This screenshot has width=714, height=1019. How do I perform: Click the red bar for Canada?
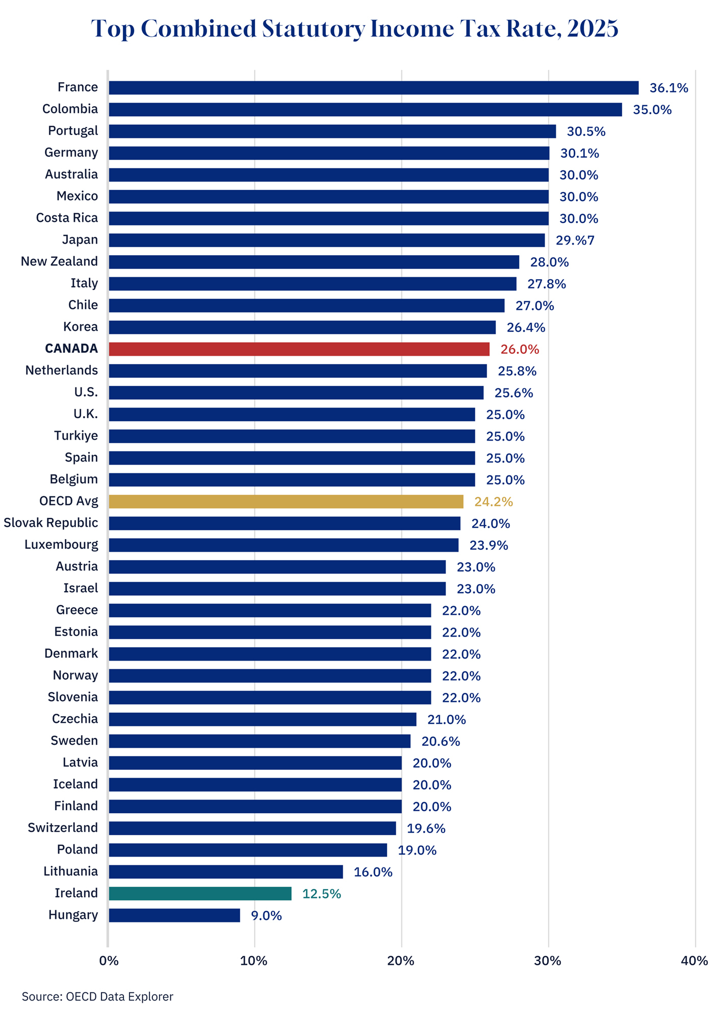(x=299, y=349)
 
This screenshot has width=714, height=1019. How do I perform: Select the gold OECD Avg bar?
(x=286, y=501)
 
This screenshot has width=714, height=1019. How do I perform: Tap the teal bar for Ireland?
(x=200, y=893)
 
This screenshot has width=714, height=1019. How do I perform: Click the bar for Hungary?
(x=174, y=915)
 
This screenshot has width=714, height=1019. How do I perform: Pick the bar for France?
(x=373, y=88)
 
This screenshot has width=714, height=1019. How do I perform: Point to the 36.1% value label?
(x=669, y=88)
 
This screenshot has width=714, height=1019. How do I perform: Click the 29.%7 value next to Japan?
(x=575, y=240)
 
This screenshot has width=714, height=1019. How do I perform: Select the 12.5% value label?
(x=321, y=894)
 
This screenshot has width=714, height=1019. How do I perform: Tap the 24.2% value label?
(x=493, y=502)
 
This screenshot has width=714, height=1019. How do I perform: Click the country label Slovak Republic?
(x=50, y=523)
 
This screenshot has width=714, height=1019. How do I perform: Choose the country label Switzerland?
(x=63, y=828)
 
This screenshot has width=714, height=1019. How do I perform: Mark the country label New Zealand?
(x=59, y=261)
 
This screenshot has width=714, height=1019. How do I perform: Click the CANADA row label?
(x=71, y=349)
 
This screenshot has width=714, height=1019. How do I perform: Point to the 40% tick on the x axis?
(x=694, y=961)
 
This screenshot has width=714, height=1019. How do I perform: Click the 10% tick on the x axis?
(x=254, y=961)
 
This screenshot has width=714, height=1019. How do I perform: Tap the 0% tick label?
(x=109, y=961)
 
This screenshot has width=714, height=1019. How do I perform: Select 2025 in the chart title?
(x=592, y=29)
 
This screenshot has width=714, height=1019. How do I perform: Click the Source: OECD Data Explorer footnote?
(x=97, y=997)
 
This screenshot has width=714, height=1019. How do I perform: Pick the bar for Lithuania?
(x=225, y=871)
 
